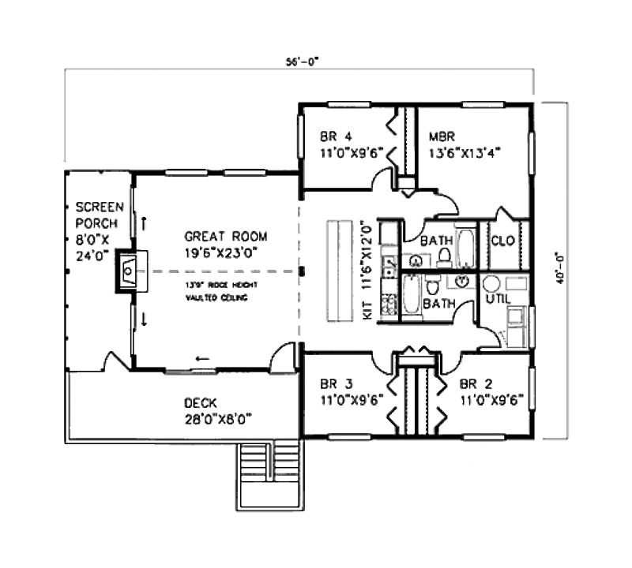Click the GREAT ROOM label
pyautogui.click(x=226, y=236)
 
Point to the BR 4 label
pyautogui.click(x=336, y=134)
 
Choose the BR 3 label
pyautogui.click(x=336, y=385)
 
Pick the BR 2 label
pyautogui.click(x=475, y=385)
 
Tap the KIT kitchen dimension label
pyautogui.click(x=366, y=268)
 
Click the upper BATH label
pyautogui.click(x=435, y=240)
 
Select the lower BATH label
pyautogui.click(x=435, y=302)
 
